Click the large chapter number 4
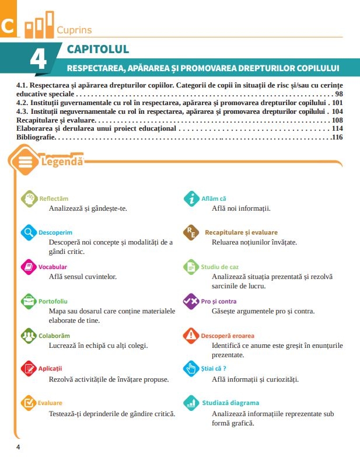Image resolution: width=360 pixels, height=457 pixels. coord(41,60)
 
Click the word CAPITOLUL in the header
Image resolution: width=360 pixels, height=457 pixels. coord(98,49)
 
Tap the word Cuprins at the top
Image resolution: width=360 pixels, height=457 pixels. coord(74,30)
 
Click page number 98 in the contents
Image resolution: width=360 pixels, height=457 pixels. coord(339,93)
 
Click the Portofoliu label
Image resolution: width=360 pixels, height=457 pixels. coord(53,301)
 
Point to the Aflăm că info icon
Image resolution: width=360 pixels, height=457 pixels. coord(191,198)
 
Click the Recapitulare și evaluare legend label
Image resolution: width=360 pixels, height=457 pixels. coord(241,232)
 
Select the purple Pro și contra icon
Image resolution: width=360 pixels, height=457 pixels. coord(191,301)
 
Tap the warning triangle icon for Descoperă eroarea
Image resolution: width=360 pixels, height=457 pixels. coord(191,336)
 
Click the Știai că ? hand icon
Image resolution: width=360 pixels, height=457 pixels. coord(191,369)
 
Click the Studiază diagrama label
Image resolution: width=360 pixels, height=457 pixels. coord(230,403)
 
